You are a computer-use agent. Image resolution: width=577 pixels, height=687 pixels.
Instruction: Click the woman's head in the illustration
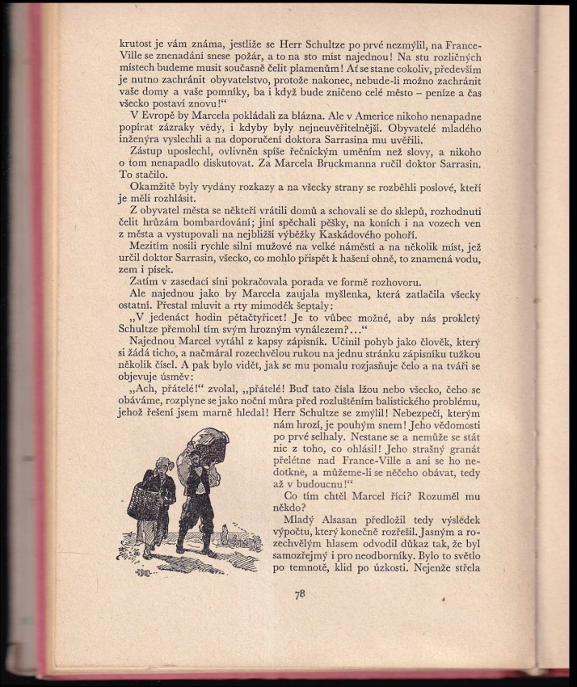[x=163, y=465]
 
